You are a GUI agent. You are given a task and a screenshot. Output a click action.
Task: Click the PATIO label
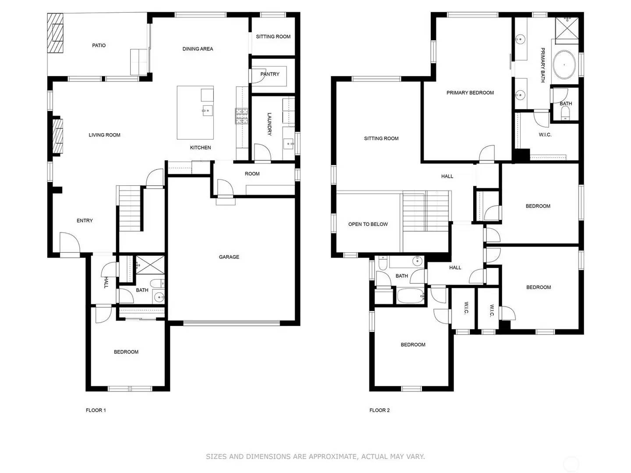pyautogui.click(x=99, y=46)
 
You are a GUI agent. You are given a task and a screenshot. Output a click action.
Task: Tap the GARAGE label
pyautogui.click(x=229, y=257)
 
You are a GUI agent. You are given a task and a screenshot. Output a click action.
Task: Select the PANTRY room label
pyautogui.click(x=269, y=74)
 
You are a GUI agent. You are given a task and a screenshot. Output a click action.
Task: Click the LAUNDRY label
pyautogui.click(x=269, y=124)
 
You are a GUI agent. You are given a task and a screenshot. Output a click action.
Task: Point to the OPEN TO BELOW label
pyautogui.click(x=368, y=224)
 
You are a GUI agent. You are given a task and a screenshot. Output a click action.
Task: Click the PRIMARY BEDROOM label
pyautogui.click(x=470, y=93)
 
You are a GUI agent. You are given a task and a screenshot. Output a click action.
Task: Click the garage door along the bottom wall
pyautogui.click(x=231, y=324)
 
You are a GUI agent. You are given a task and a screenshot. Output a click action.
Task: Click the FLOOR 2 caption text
pyautogui.click(x=379, y=410)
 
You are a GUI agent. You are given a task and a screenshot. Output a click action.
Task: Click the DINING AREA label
pyautogui.click(x=198, y=49)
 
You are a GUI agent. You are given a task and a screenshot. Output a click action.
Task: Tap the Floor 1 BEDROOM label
pyautogui.click(x=126, y=352)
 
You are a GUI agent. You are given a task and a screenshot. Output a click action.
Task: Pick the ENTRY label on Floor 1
pyautogui.click(x=85, y=221)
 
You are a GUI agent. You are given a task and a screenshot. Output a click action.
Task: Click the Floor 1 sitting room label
pyautogui.click(x=273, y=37)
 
